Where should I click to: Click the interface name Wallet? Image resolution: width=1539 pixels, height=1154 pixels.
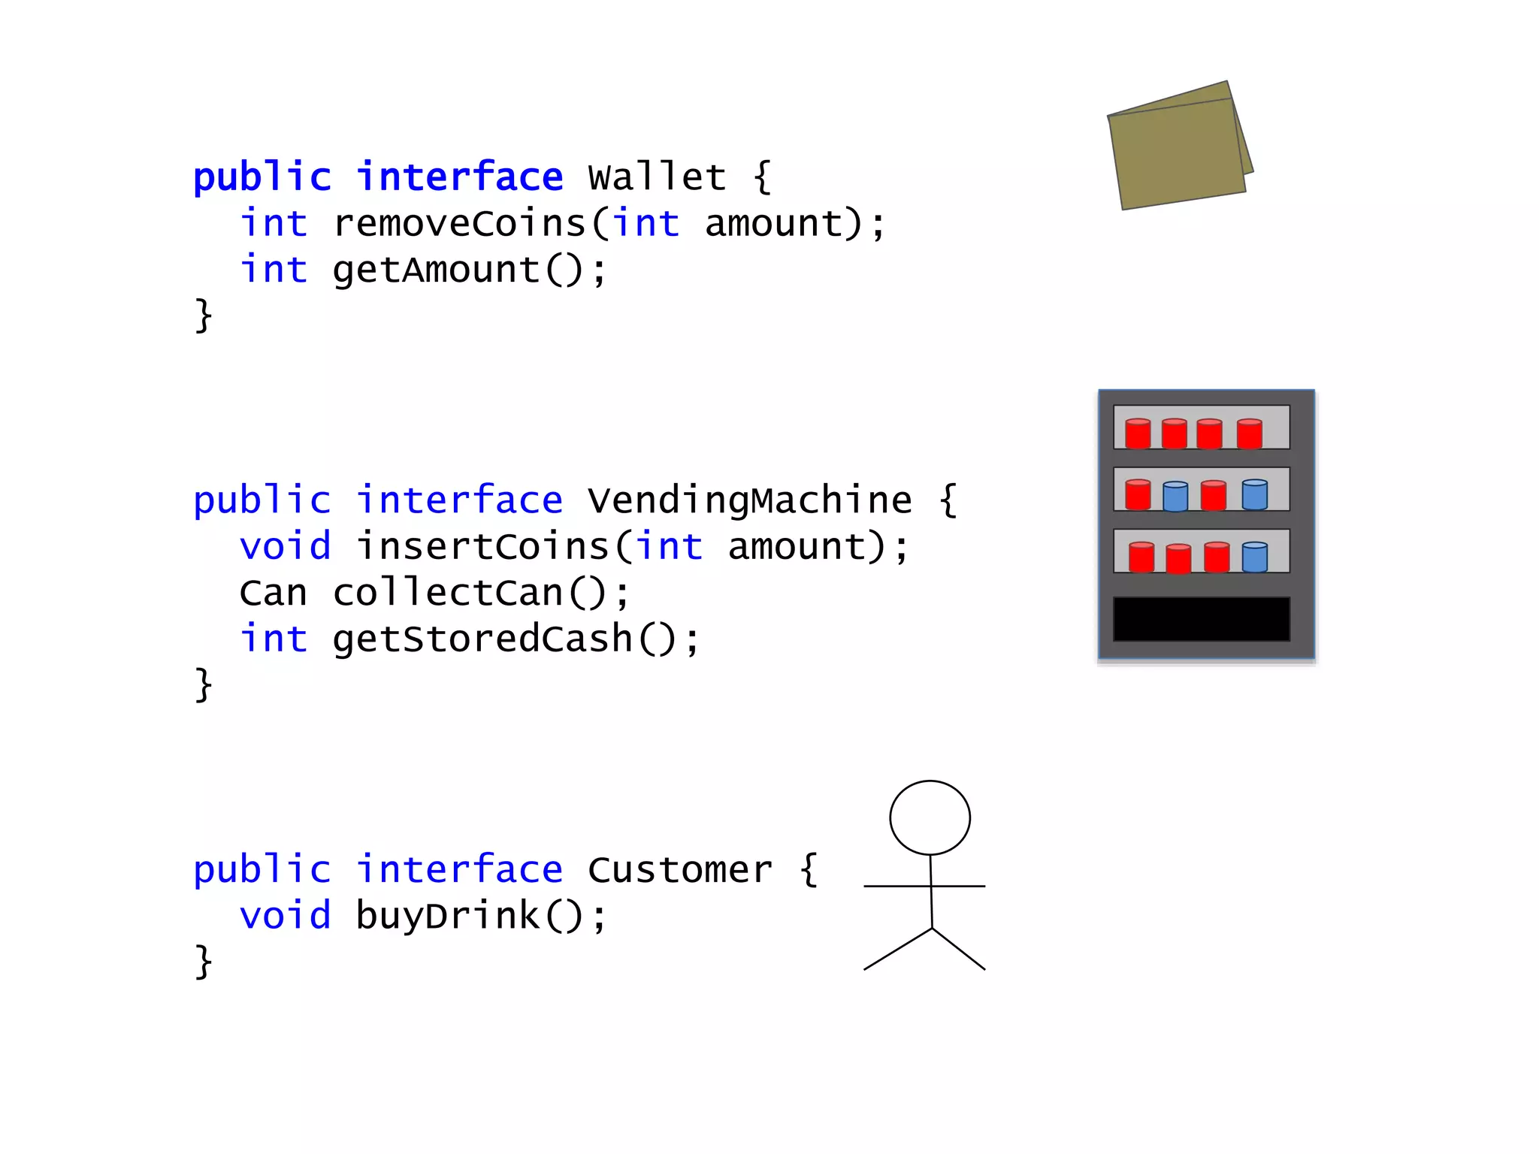tap(657, 177)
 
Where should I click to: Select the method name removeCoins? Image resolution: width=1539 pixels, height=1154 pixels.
tap(459, 224)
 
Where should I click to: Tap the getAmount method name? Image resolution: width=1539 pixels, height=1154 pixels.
tap(437, 270)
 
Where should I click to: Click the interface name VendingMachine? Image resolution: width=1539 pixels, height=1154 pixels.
tap(749, 500)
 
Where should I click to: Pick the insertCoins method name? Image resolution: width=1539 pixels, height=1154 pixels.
tap(482, 546)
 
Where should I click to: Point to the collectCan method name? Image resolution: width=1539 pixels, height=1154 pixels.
tap(448, 593)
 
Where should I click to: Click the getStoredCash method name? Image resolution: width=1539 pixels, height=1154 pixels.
tap(482, 639)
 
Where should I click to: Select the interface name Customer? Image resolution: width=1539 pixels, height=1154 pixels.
tap(679, 870)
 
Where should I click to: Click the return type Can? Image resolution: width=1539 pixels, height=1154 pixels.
tap(273, 593)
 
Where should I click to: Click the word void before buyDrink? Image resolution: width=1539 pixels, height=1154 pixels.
tap(285, 916)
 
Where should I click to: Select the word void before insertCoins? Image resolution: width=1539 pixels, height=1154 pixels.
tap(285, 546)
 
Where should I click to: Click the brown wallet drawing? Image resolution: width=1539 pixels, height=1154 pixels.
tap(1178, 150)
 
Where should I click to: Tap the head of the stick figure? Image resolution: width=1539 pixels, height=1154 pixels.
tap(930, 817)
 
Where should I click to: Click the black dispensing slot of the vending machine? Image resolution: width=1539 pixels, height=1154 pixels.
tap(1201, 619)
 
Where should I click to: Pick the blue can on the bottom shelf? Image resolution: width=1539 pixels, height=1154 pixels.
tap(1254, 557)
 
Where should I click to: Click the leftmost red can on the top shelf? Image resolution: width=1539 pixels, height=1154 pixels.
tap(1138, 434)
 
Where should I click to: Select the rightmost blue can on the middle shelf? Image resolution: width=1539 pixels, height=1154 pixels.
tap(1254, 494)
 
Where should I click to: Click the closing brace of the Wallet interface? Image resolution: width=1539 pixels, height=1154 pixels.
tap(203, 315)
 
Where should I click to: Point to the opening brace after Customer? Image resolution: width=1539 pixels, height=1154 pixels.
tap(808, 870)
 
